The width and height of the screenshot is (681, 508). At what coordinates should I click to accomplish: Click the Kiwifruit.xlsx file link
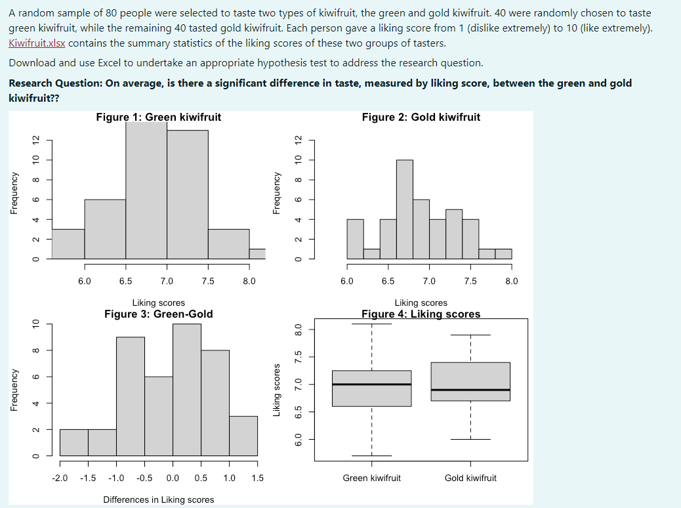click(37, 43)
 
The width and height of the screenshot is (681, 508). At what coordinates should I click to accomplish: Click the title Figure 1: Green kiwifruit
click(158, 117)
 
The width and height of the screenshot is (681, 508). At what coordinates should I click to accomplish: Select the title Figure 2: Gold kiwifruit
click(421, 117)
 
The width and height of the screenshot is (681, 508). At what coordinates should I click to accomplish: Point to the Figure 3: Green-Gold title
click(158, 314)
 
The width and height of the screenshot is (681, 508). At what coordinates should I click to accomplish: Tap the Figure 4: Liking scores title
click(421, 314)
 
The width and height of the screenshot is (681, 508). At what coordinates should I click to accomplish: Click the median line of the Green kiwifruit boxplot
click(371, 384)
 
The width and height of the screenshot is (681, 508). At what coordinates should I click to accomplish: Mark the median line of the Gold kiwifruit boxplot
click(470, 390)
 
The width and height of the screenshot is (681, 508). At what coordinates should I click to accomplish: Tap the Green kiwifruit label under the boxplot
click(371, 478)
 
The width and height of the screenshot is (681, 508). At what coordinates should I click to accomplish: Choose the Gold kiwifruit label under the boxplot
click(470, 478)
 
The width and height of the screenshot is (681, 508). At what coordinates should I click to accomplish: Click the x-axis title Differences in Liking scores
click(158, 500)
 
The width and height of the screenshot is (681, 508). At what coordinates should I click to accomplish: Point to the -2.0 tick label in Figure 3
click(60, 478)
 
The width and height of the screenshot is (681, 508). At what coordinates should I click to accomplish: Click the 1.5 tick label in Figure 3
click(257, 478)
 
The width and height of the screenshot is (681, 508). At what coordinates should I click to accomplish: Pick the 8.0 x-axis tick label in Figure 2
click(511, 281)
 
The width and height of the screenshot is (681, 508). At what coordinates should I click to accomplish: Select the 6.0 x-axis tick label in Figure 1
click(85, 281)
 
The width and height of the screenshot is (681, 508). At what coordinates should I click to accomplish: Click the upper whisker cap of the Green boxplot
click(371, 324)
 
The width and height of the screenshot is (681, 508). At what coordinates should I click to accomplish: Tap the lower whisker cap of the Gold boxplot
click(470, 439)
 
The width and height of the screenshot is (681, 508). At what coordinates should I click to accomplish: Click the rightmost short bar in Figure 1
click(257, 253)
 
